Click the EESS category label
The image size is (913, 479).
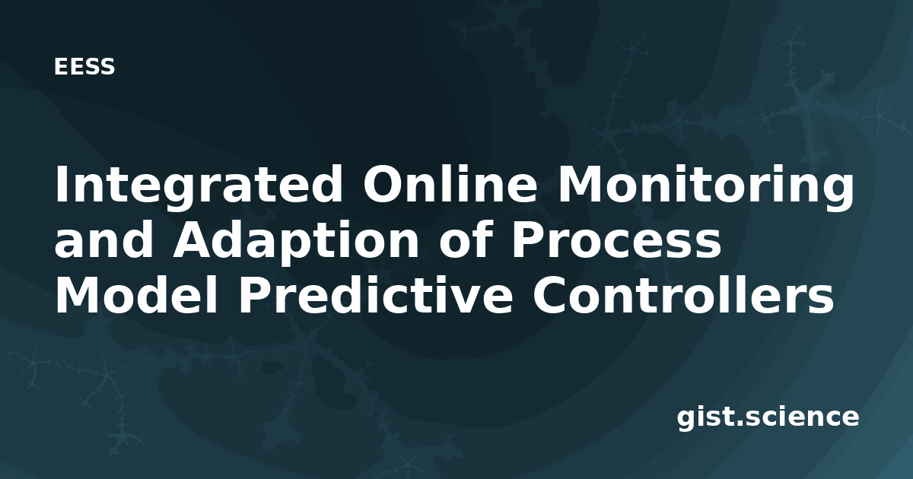[x=84, y=67]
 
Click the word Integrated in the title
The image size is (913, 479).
[x=199, y=185]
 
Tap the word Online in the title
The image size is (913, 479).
[x=450, y=184]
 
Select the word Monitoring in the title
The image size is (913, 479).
[x=706, y=186]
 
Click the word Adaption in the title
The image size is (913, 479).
[x=295, y=243]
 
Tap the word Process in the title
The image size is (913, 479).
[x=616, y=239]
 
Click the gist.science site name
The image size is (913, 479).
[x=768, y=418]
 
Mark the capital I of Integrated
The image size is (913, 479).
[x=61, y=184]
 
